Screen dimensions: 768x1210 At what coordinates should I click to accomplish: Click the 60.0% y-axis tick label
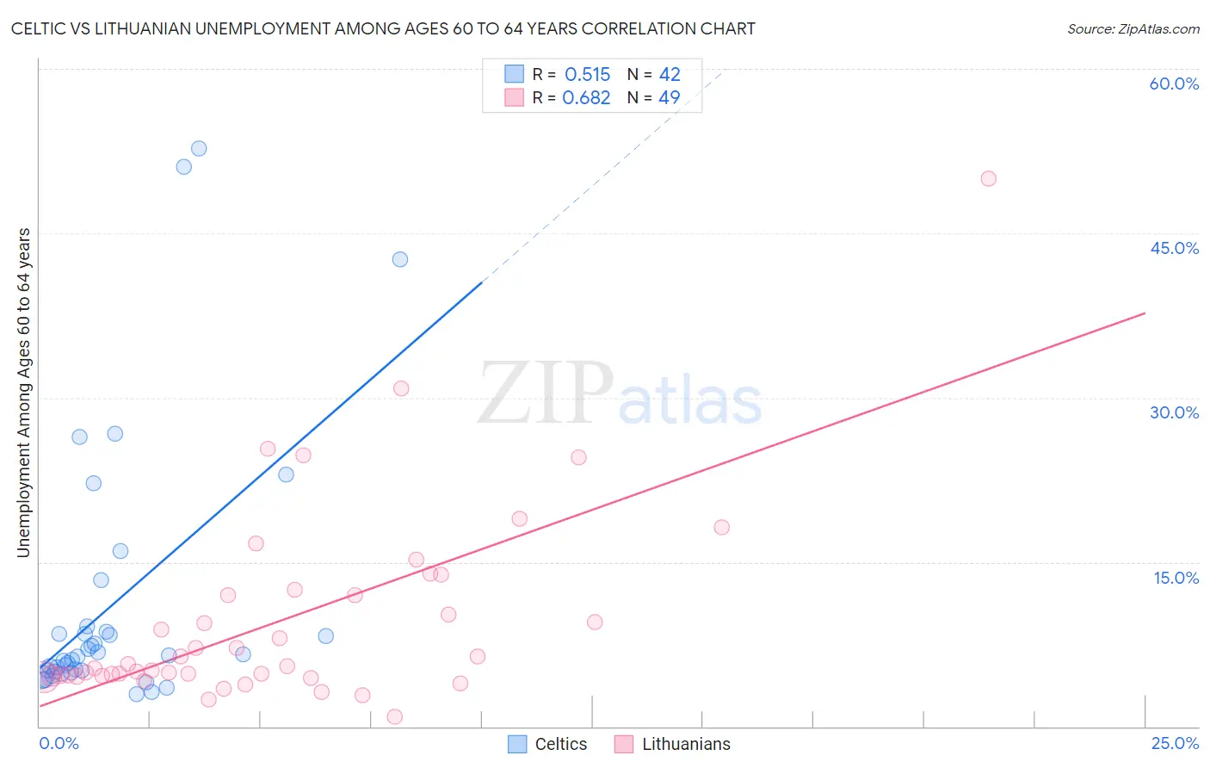pyautogui.click(x=1174, y=84)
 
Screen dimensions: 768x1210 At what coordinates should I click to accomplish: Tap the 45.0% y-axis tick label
pyautogui.click(x=1174, y=248)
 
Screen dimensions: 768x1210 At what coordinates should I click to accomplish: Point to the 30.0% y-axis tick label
pyautogui.click(x=1174, y=412)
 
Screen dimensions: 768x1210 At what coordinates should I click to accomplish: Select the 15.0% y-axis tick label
pyautogui.click(x=1176, y=578)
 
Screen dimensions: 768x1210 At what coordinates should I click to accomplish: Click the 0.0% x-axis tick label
pyautogui.click(x=59, y=743)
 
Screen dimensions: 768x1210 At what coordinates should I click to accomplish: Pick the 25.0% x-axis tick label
pyautogui.click(x=1175, y=743)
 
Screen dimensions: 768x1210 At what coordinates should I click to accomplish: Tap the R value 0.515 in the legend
pyautogui.click(x=587, y=75)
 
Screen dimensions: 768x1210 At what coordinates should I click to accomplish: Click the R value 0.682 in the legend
pyautogui.click(x=586, y=97)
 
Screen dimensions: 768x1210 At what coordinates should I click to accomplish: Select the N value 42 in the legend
pyautogui.click(x=670, y=75)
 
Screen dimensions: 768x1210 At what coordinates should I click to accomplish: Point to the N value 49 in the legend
pyautogui.click(x=670, y=97)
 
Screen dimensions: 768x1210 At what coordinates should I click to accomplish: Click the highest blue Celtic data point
pyautogui.click(x=199, y=148)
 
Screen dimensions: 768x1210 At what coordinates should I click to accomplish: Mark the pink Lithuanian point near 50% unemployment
pyautogui.click(x=988, y=179)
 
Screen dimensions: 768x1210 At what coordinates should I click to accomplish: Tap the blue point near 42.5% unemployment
pyautogui.click(x=400, y=259)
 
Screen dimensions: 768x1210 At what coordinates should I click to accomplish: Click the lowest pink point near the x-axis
pyautogui.click(x=395, y=716)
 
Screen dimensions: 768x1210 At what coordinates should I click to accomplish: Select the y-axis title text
pyautogui.click(x=23, y=392)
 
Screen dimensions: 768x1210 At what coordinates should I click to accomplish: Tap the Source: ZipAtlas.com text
pyautogui.click(x=1133, y=29)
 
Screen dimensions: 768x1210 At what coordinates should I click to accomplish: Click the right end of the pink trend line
pyautogui.click(x=1145, y=313)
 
